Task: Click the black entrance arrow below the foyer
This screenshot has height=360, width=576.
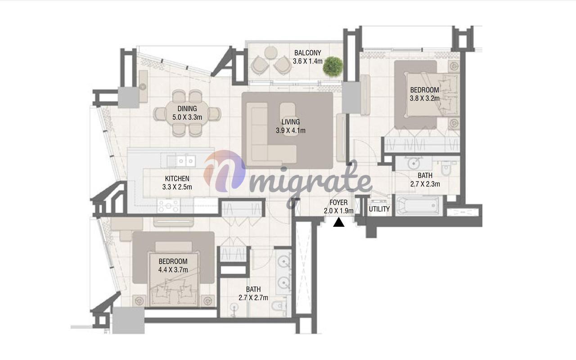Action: pos(339,222)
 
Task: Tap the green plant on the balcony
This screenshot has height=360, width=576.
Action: pos(333,66)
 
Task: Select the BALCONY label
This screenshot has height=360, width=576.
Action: pos(307,53)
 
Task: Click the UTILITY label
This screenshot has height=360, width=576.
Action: pos(379,209)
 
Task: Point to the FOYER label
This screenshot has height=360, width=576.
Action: pos(339,202)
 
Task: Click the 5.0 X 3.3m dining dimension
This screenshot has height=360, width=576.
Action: pos(187,117)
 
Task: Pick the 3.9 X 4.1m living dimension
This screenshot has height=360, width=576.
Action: pos(291,130)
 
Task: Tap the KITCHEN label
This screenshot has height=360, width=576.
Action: pos(177,179)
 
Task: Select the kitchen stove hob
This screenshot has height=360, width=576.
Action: pos(168,206)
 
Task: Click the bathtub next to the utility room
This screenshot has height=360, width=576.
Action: pos(419,205)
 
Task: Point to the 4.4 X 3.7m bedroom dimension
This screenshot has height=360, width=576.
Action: pos(173,270)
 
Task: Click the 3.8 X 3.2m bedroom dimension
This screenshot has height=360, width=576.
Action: pos(424,98)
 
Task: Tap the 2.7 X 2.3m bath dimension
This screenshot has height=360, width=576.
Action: pos(425,184)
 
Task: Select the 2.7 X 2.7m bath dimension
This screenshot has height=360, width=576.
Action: pos(253,297)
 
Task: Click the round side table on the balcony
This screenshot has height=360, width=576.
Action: pos(270,53)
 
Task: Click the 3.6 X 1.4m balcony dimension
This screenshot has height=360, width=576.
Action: pos(307,61)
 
